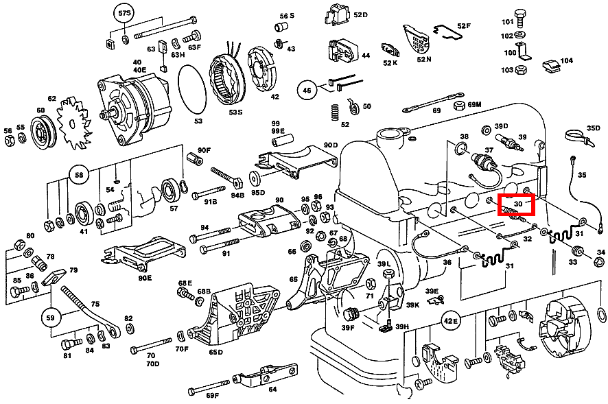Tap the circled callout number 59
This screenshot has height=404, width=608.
coord(49,318)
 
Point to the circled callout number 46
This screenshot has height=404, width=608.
coord(306,89)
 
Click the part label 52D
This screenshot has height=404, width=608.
coord(360,14)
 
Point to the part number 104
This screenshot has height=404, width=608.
coord(566,61)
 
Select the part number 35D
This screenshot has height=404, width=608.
coord(593,128)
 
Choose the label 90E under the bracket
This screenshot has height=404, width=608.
coord(145,278)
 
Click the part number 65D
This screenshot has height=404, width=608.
coord(215,353)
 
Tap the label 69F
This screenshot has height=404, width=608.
coord(212,394)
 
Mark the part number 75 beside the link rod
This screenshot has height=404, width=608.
coord(95,303)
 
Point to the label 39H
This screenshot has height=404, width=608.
coord(402,326)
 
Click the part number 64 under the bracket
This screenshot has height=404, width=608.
coord(273,390)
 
